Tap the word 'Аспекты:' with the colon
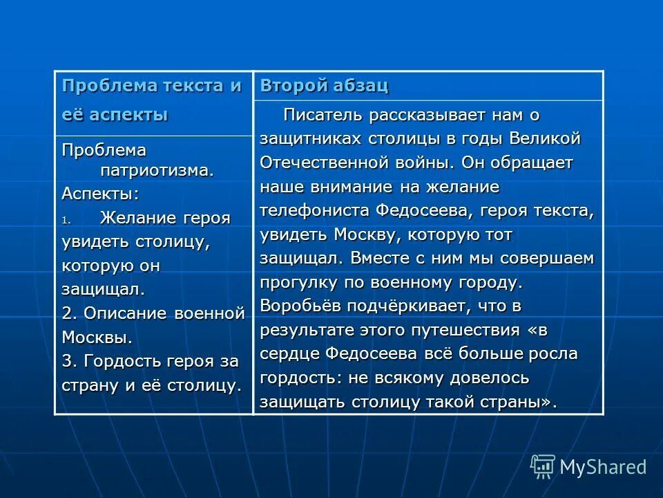point(90,194)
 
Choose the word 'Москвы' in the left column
point(96,338)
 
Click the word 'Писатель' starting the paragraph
point(320,114)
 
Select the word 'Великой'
point(545,138)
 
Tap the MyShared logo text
point(603,467)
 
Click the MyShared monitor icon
point(542,467)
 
